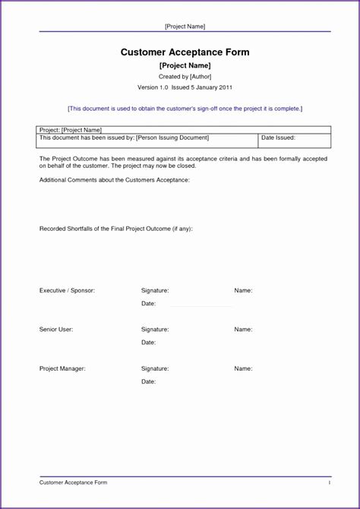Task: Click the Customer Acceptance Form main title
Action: pos(185,52)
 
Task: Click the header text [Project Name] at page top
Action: pos(185,27)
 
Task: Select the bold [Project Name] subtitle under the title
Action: pos(185,66)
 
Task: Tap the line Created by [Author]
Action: pos(185,77)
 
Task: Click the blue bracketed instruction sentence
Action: pos(185,109)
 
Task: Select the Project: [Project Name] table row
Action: pos(71,131)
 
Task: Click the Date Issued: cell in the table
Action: pos(278,138)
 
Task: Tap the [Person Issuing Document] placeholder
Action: pos(172,138)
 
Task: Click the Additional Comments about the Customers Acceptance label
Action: pos(114,180)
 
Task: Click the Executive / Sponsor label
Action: pos(67,291)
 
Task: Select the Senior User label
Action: pos(56,330)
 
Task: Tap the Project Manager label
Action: pos(62,368)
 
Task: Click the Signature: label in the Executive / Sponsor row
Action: pos(155,291)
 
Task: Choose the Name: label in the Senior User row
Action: pos(243,330)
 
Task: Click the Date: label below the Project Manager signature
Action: pos(148,381)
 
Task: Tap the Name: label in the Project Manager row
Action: pos(243,368)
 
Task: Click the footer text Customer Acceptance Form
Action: pos(73,482)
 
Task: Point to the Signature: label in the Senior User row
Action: pos(155,330)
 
